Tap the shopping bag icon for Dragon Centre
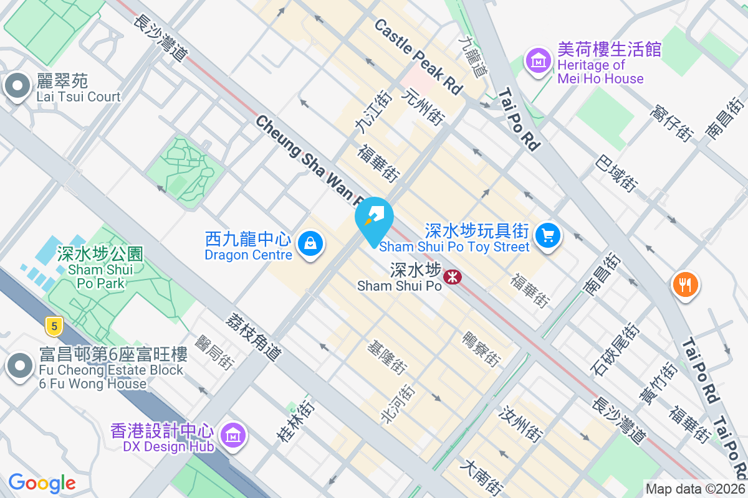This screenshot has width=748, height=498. click(309, 243)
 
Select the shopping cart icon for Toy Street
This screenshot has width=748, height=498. click(548, 235)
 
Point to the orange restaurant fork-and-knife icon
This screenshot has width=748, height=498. click(685, 284)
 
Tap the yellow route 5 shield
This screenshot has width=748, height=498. click(55, 325)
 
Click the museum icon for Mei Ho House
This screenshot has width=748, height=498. click(539, 60)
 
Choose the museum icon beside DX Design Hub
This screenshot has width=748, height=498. click(233, 436)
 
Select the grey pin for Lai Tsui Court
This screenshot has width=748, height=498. click(17, 87)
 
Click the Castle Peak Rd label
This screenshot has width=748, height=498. click(418, 56)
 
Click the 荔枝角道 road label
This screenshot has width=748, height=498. click(254, 337)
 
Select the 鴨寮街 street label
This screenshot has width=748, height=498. click(481, 349)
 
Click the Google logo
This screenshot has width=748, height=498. click(42, 483)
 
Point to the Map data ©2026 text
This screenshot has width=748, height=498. click(695, 489)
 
